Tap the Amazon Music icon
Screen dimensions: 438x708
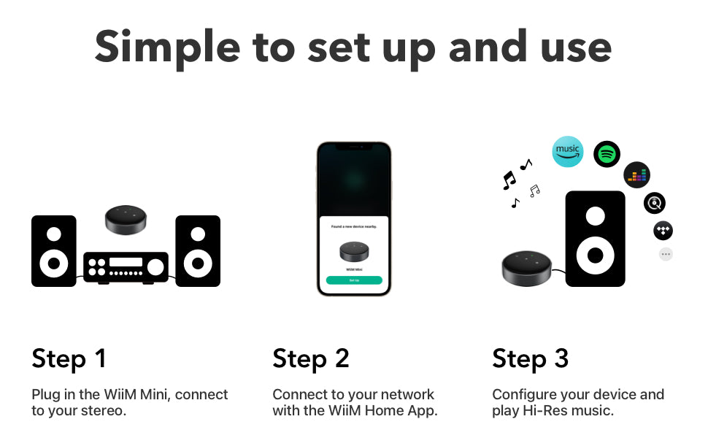tap(567, 152)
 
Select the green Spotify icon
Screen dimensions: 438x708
tap(607, 154)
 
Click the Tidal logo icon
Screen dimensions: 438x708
tap(663, 231)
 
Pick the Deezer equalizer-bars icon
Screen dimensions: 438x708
tap(636, 175)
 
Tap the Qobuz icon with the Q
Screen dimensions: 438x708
tap(655, 203)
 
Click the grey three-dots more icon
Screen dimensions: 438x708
tap(666, 254)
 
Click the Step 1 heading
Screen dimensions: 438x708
tap(69, 358)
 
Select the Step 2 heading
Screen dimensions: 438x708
tap(310, 358)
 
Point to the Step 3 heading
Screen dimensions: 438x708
tap(530, 358)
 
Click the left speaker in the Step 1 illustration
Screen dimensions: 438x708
tap(54, 250)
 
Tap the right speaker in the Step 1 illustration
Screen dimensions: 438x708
tap(198, 250)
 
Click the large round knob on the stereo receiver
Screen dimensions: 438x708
tap(156, 267)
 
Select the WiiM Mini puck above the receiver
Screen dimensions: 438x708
tap(126, 219)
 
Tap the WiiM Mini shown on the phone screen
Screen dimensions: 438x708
tap(354, 251)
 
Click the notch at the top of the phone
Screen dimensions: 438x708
tap(354, 147)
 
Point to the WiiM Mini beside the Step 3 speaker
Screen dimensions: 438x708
tap(526, 267)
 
